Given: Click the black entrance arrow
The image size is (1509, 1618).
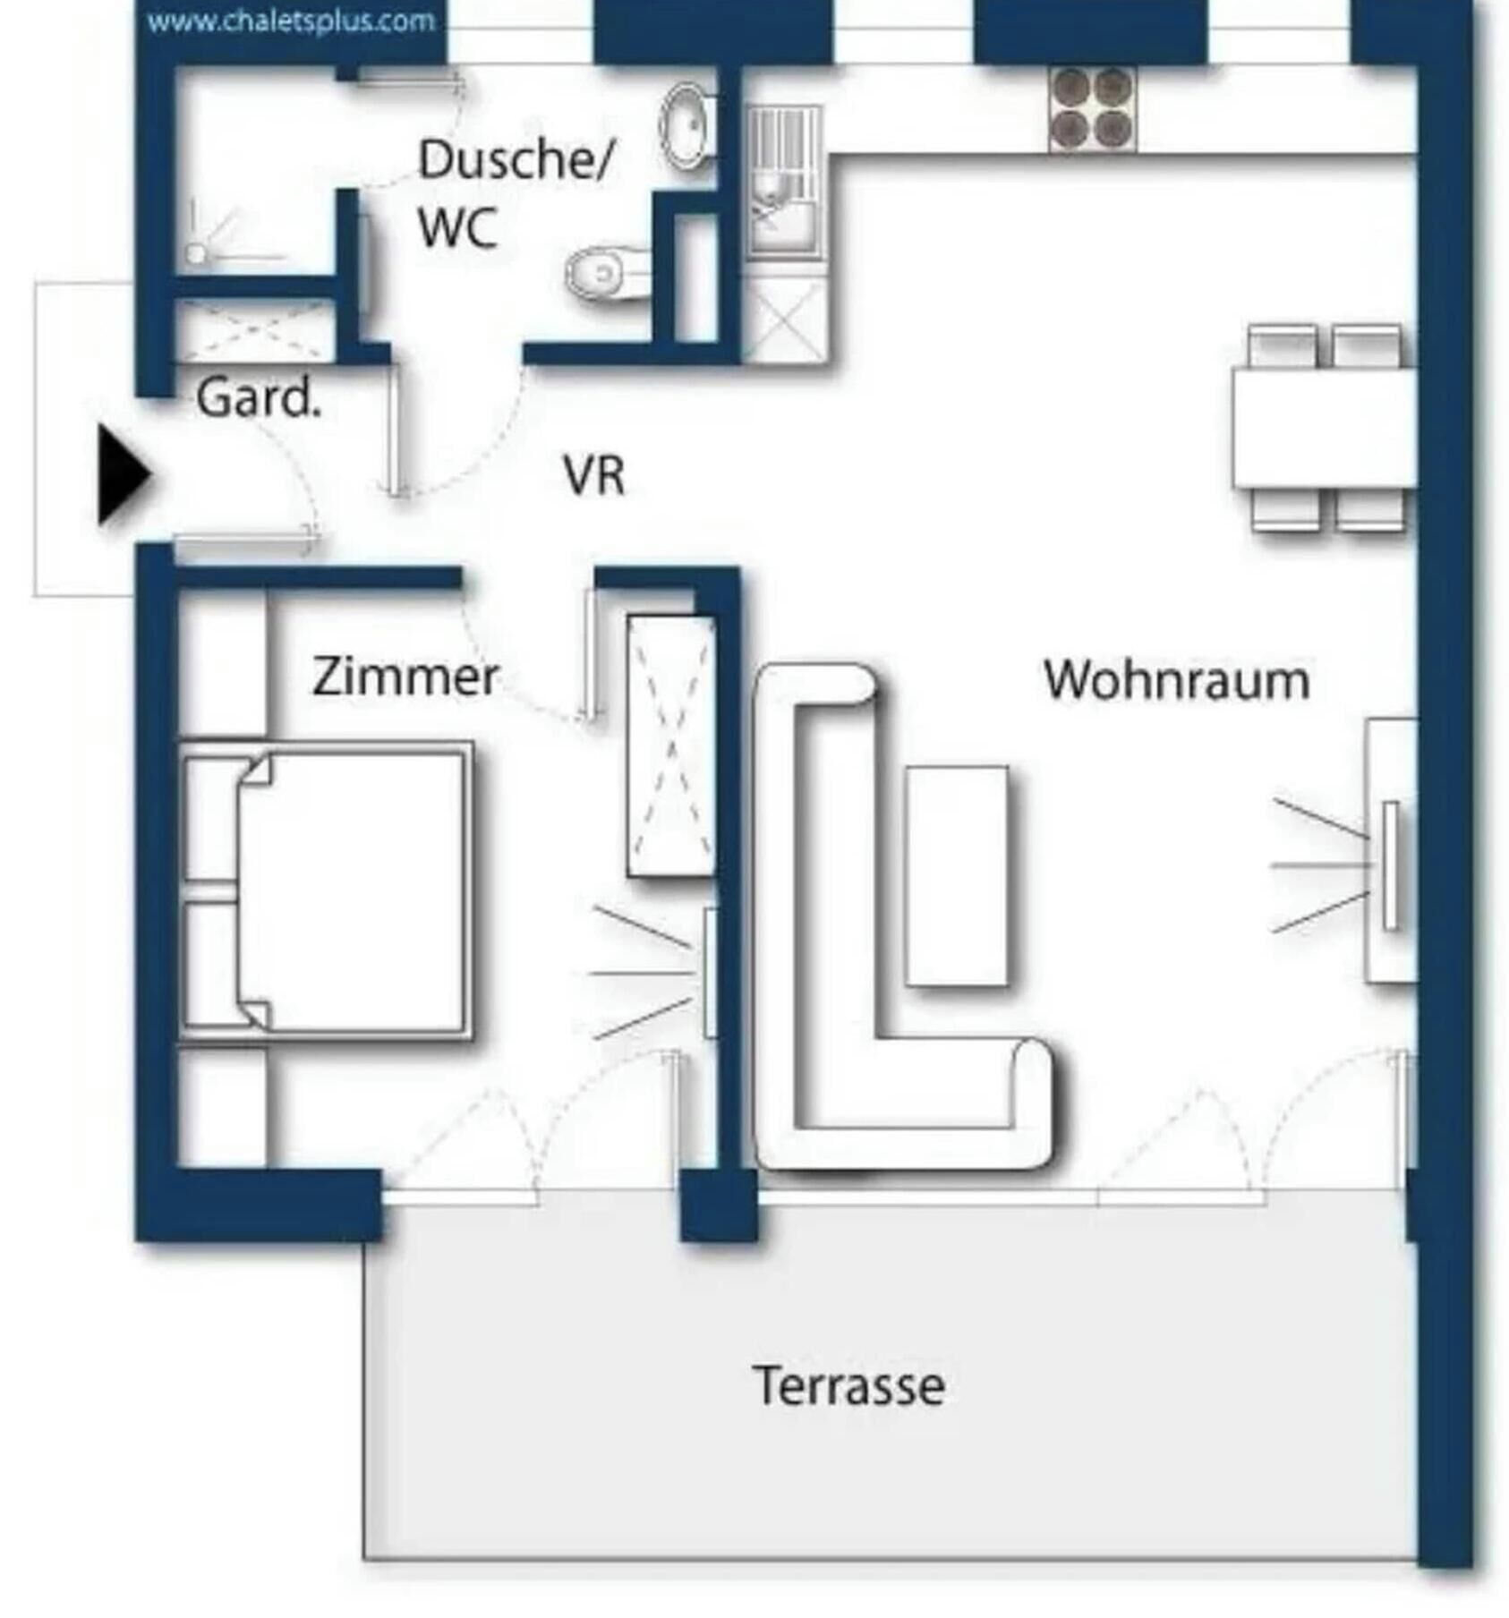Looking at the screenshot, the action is pos(124,474).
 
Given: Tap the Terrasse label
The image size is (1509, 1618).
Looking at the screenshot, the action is pos(848,1386).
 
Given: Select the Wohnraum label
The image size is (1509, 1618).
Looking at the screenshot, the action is pos(1176,680).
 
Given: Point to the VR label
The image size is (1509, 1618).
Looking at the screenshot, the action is pos(593,475).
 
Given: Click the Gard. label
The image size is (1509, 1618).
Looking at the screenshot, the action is pos(258,397).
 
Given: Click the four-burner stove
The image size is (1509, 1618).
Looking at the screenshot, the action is pos(1091,109).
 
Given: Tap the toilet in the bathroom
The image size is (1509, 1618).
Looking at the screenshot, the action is pos(608,272).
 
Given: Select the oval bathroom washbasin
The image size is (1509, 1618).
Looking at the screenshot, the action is pos(686,127).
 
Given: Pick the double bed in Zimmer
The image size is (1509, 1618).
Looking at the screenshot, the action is pos(326,890).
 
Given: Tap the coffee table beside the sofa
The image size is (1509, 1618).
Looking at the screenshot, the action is pos(957,876).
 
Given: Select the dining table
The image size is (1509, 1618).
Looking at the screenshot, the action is pos(1324,428).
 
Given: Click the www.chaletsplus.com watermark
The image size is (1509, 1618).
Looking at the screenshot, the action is pos(291,21).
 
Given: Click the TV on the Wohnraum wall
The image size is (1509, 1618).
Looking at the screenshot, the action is pos(1390,864).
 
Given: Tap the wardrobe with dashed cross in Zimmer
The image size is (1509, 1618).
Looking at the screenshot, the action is pos(671,745).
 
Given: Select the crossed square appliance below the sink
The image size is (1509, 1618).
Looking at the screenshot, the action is pos(785,319).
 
